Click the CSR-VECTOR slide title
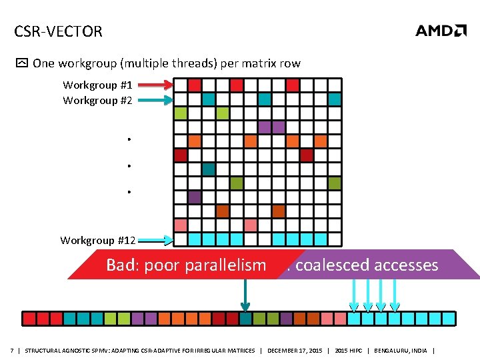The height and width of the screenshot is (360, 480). click(x=58, y=31)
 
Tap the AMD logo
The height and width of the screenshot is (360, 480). click(x=441, y=31)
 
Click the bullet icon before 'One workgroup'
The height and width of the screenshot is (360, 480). click(x=22, y=64)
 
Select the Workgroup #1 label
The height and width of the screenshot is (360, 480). click(x=97, y=85)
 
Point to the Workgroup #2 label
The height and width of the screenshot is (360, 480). click(x=97, y=100)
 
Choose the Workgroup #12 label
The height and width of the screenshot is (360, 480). click(x=98, y=240)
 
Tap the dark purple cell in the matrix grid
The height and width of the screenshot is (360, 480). click(x=195, y=197)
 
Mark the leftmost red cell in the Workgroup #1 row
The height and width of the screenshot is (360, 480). click(x=195, y=85)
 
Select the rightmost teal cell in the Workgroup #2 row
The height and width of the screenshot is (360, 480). click(x=335, y=99)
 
